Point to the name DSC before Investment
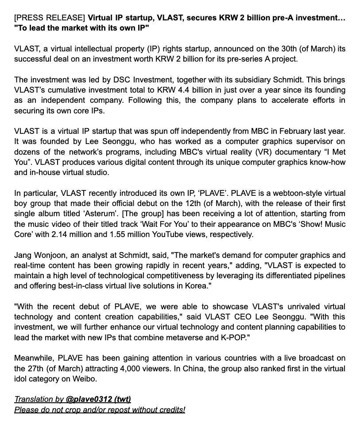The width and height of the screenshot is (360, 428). tap(121, 80)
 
